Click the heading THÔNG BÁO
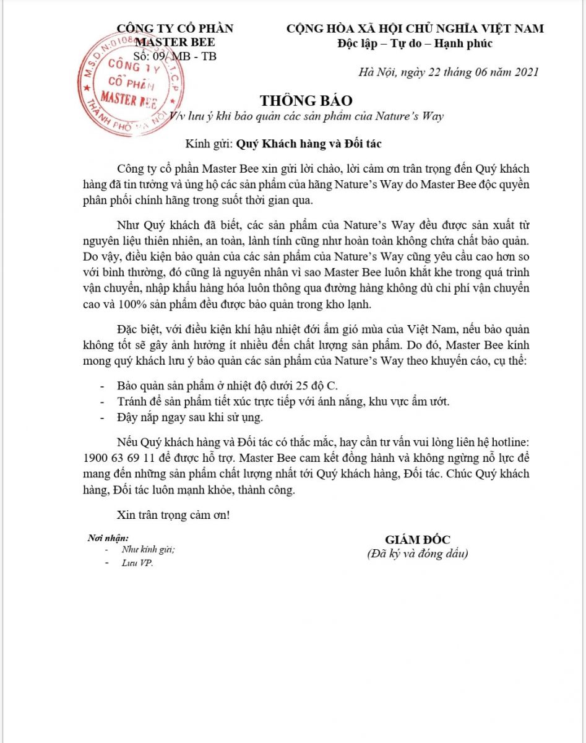306,100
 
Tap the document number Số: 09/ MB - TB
175,56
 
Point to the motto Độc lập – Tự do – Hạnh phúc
415,43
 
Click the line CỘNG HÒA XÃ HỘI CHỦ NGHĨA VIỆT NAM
415,28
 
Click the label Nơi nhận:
109,537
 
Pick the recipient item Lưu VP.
137,563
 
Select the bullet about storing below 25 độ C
227,385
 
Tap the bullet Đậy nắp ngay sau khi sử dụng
190,417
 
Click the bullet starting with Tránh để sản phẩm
283,401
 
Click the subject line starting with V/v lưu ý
307,116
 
